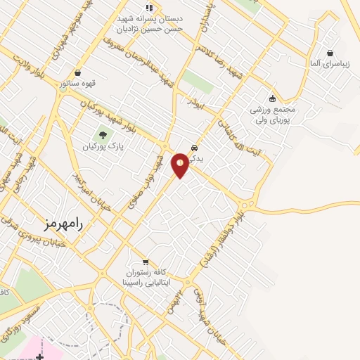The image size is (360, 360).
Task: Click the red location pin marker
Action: pyautogui.click(x=181, y=165)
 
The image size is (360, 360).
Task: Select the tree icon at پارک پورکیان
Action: pyautogui.click(x=103, y=135)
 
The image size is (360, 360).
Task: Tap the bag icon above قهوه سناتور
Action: pyautogui.click(x=77, y=72)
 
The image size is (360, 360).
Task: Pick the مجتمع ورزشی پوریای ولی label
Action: pyautogui.click(x=274, y=115)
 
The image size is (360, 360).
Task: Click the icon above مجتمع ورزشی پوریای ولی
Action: pyautogui.click(x=272, y=98)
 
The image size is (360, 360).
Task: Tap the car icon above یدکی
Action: pyautogui.click(x=195, y=148)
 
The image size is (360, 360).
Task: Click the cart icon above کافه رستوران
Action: pyautogui.click(x=146, y=262)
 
